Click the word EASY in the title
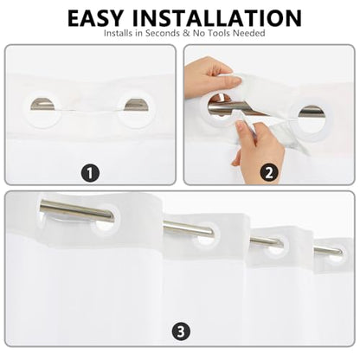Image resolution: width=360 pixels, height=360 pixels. (95, 18)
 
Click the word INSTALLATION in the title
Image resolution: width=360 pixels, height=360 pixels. (217, 18)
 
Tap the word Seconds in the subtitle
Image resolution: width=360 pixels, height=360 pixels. (163, 33)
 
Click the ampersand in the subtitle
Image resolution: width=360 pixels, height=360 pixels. (186, 33)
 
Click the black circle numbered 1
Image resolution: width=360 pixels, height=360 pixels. (90, 173)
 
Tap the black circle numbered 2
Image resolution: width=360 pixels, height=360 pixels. (269, 173)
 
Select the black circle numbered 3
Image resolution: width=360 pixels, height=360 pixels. (181, 331)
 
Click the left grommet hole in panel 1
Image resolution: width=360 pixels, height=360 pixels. (42, 104)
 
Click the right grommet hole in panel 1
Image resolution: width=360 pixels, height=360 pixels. (136, 105)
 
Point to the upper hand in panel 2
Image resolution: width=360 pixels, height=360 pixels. (212, 74)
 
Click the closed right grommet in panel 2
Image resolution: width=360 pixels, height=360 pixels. (311, 120)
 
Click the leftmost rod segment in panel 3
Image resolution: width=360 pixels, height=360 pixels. (77, 211)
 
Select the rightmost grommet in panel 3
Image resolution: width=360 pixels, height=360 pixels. (336, 254)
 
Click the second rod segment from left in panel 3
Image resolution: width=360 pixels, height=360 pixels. (189, 228)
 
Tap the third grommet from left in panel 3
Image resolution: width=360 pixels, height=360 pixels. (274, 246)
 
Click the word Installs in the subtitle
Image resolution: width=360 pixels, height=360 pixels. (118, 33)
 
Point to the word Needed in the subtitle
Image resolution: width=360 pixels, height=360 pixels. (249, 33)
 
